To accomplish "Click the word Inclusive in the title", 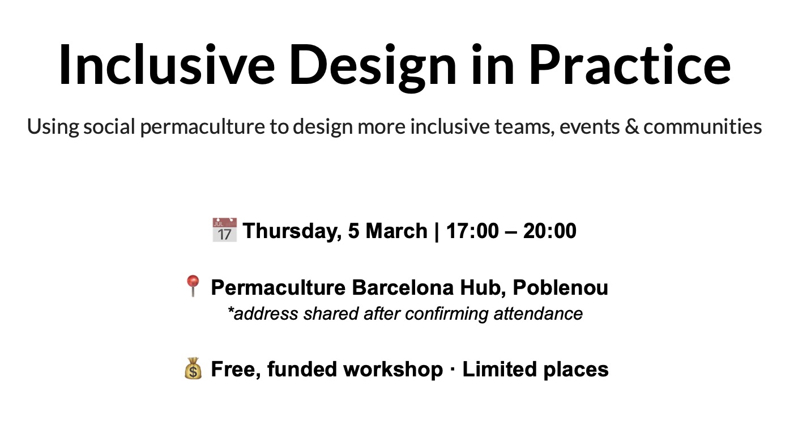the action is pos(167,65).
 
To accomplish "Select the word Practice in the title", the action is pos(630,65).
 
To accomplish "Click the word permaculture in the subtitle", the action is pos(202,127).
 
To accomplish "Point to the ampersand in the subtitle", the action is pos(631,126).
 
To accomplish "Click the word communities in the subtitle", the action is pos(703,126).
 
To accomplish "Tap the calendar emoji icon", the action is pos(224,230).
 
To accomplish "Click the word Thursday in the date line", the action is pos(292,231).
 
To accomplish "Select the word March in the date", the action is pos(396,231).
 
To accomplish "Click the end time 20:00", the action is pos(549,231).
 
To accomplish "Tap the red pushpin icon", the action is pos(193,286).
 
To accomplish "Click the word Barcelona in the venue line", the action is pos(403,287).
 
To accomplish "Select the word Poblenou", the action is pos(560,287).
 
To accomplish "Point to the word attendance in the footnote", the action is pos(538,313).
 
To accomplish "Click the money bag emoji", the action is pos(193,368).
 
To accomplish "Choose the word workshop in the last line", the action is pos(393,370).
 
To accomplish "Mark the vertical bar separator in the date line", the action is pos(436,232).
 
